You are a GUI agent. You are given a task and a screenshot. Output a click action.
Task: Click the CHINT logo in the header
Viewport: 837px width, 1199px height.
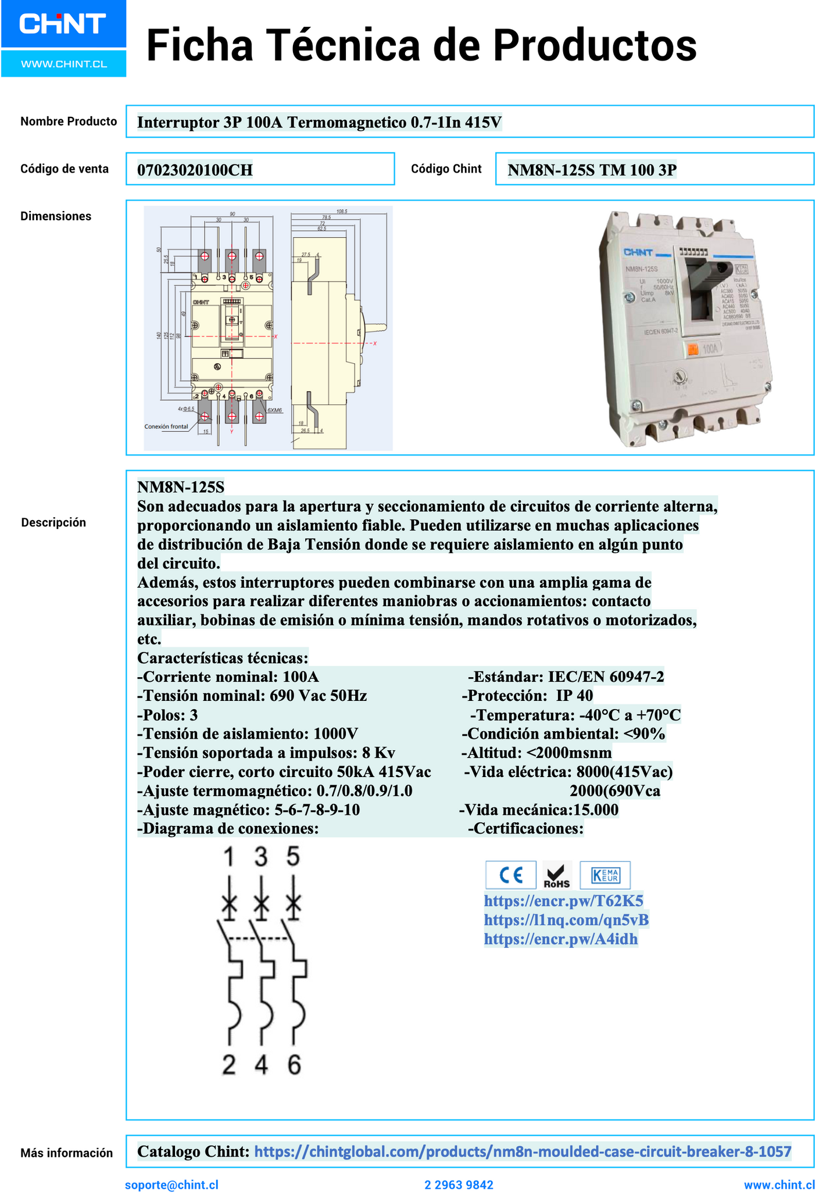(x=63, y=24)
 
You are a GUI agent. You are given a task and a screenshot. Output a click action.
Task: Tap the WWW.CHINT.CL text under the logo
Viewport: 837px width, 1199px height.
(x=64, y=64)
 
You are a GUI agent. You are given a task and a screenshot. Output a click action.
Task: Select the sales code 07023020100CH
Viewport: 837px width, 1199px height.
(x=195, y=170)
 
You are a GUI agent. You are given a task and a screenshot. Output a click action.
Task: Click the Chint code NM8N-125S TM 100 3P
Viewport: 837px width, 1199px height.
(x=592, y=170)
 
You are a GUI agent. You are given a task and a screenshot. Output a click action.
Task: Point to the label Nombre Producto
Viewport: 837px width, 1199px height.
(x=69, y=121)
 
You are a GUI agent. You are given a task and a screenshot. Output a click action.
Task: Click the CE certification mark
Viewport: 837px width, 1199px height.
(x=511, y=875)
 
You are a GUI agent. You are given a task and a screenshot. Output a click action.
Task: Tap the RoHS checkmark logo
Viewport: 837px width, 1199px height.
(x=557, y=875)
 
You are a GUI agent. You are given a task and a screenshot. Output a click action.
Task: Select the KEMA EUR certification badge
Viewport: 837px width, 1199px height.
(x=605, y=875)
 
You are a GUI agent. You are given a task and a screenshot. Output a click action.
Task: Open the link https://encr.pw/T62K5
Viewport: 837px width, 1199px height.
(x=563, y=901)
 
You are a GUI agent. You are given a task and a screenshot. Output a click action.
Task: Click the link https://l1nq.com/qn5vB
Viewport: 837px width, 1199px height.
(x=566, y=920)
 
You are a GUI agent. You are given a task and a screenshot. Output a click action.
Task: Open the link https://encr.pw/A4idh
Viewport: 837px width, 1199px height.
(x=560, y=939)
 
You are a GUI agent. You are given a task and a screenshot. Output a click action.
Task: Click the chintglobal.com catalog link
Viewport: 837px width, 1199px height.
(x=523, y=1151)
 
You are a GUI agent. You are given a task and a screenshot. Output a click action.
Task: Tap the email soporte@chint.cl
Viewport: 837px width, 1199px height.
(x=171, y=1185)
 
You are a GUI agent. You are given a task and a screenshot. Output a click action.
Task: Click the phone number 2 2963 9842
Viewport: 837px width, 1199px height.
(x=459, y=1185)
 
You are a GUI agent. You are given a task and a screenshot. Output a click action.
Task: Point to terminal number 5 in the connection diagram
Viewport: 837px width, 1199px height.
(x=294, y=857)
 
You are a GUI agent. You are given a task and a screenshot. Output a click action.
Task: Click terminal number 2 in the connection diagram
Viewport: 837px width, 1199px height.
(x=229, y=1065)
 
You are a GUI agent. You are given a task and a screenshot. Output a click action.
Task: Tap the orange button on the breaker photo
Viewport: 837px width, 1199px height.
(x=693, y=349)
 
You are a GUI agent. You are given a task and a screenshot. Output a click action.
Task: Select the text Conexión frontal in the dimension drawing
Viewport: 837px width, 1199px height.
(x=166, y=427)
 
